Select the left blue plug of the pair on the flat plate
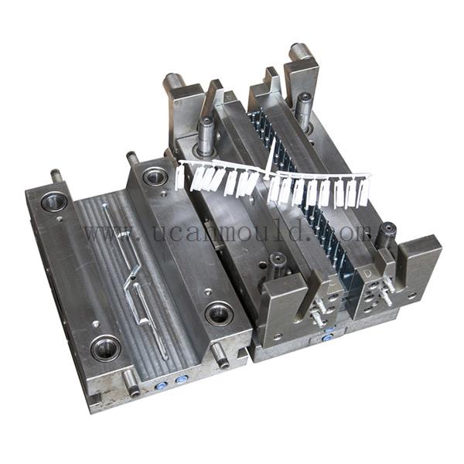coord(160,384)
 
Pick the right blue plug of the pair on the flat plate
coord(182,380)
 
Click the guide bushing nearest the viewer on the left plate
coord(105,347)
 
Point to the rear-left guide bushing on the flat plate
coord(54,203)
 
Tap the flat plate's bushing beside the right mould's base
coord(219,313)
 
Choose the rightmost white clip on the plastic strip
coord(363,193)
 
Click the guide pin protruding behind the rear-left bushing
coord(56,176)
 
